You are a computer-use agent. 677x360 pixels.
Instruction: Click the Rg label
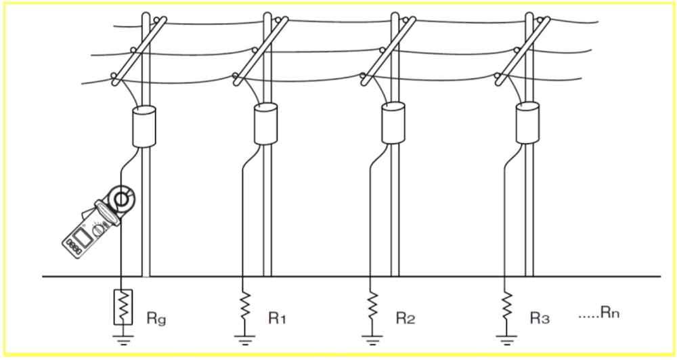coord(156,319)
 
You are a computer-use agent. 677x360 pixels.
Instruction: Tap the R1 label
coord(278,318)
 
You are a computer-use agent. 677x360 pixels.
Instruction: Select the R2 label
coord(406,318)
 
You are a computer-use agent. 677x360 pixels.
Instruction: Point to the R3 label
coord(540,318)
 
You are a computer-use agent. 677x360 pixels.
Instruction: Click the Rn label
coord(611,313)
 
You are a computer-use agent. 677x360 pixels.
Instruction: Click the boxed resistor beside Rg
coord(123,307)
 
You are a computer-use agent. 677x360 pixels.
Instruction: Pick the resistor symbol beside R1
coord(245,306)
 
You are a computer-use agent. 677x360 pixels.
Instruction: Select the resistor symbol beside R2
coord(372,306)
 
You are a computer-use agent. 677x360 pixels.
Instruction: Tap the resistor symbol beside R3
coord(506,306)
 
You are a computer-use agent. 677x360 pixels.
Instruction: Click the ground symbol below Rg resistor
coord(123,340)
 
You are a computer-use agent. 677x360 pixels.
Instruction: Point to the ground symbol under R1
coord(245,340)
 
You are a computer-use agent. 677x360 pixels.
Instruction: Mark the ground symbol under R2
coord(372,340)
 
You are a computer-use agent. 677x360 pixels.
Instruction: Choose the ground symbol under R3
coord(506,340)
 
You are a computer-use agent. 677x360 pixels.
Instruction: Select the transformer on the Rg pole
coord(144,127)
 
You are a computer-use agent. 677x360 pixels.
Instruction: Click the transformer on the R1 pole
coord(265,124)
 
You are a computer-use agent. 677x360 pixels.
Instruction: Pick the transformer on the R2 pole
coord(393,123)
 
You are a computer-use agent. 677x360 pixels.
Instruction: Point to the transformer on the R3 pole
coord(527,123)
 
